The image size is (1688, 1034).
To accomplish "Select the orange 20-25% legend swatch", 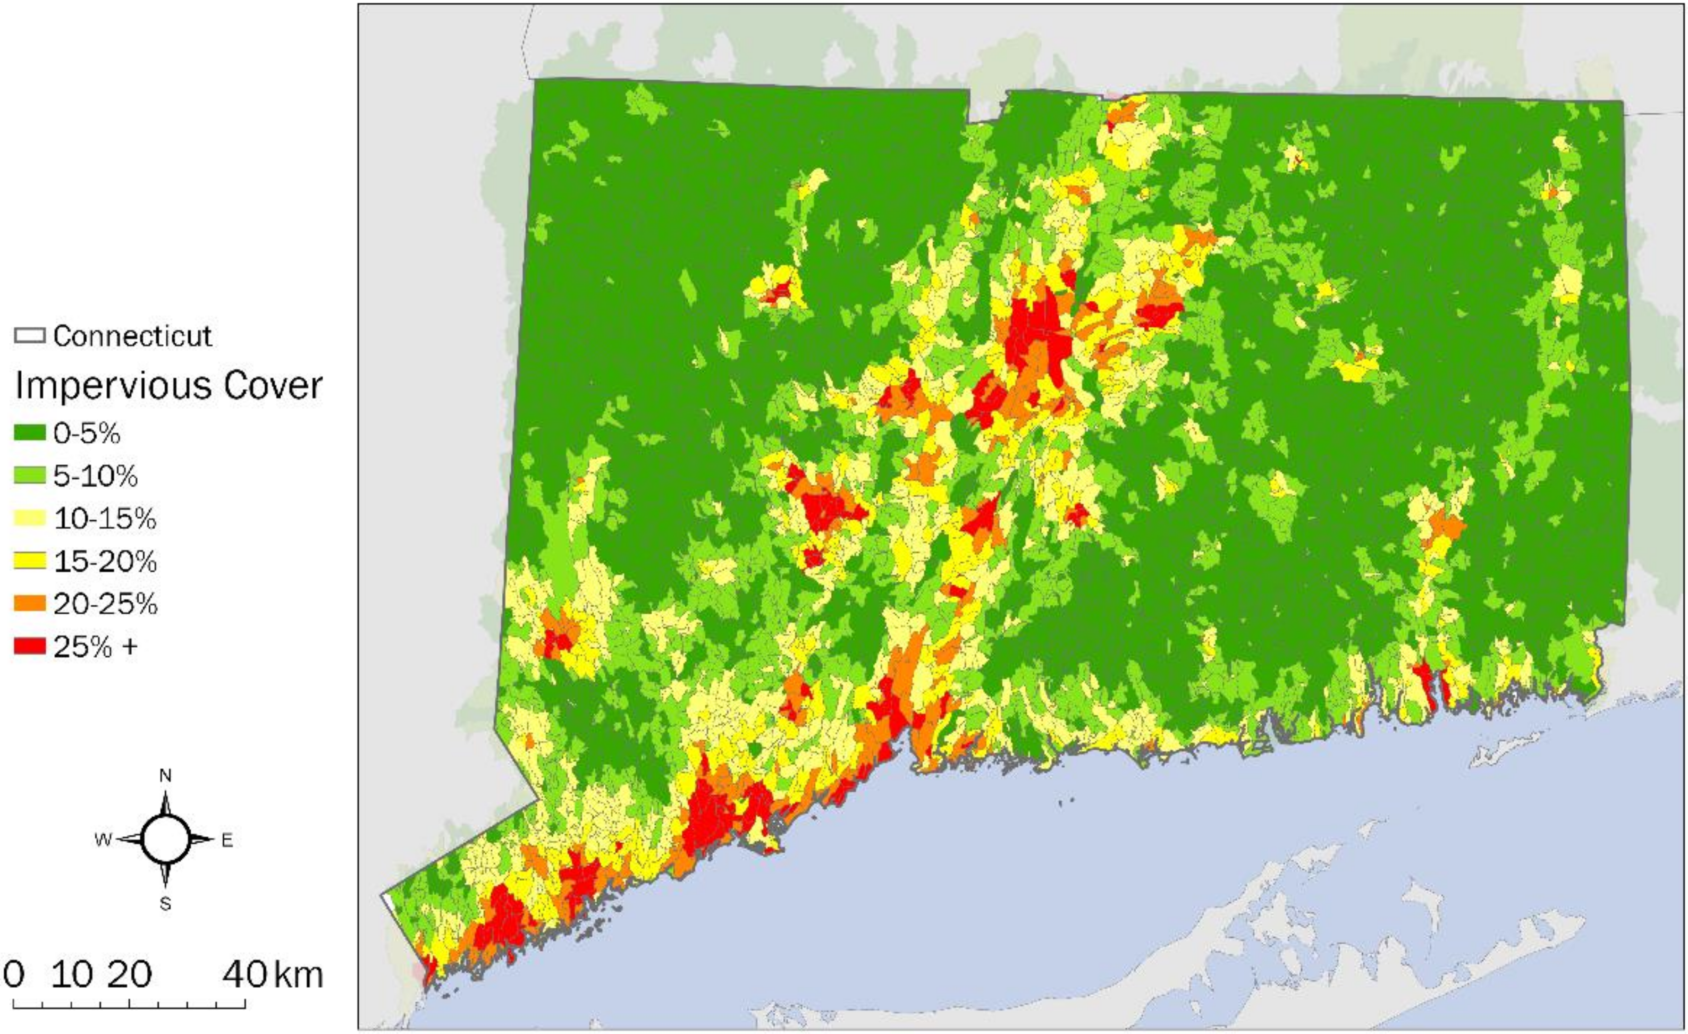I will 29,603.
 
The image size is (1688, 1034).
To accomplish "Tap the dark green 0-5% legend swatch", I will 29,433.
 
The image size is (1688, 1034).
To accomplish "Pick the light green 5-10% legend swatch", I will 29,475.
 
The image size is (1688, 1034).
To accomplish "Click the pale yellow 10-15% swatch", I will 29,519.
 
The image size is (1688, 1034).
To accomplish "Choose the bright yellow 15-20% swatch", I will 29,561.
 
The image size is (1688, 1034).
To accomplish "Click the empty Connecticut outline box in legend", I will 29,335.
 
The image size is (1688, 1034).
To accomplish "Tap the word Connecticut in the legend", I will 133,335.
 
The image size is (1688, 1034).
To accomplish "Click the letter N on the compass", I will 165,775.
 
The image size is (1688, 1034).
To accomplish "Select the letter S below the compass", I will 165,904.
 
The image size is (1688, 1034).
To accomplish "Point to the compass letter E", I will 227,840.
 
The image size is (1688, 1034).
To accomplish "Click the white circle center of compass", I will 165,840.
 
